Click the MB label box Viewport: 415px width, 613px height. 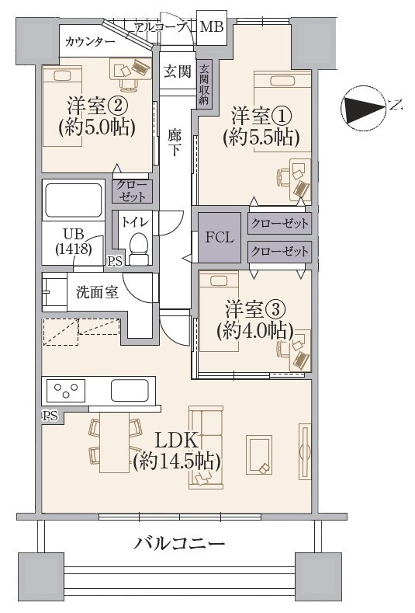(x=211, y=27)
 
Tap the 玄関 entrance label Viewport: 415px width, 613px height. (x=177, y=71)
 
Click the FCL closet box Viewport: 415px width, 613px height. (x=219, y=237)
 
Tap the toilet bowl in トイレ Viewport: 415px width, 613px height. (x=139, y=247)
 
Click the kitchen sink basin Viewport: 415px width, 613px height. (x=132, y=388)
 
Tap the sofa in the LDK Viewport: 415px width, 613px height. (x=206, y=448)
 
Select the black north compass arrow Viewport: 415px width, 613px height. (x=364, y=106)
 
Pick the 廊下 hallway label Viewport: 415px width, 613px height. (x=175, y=141)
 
